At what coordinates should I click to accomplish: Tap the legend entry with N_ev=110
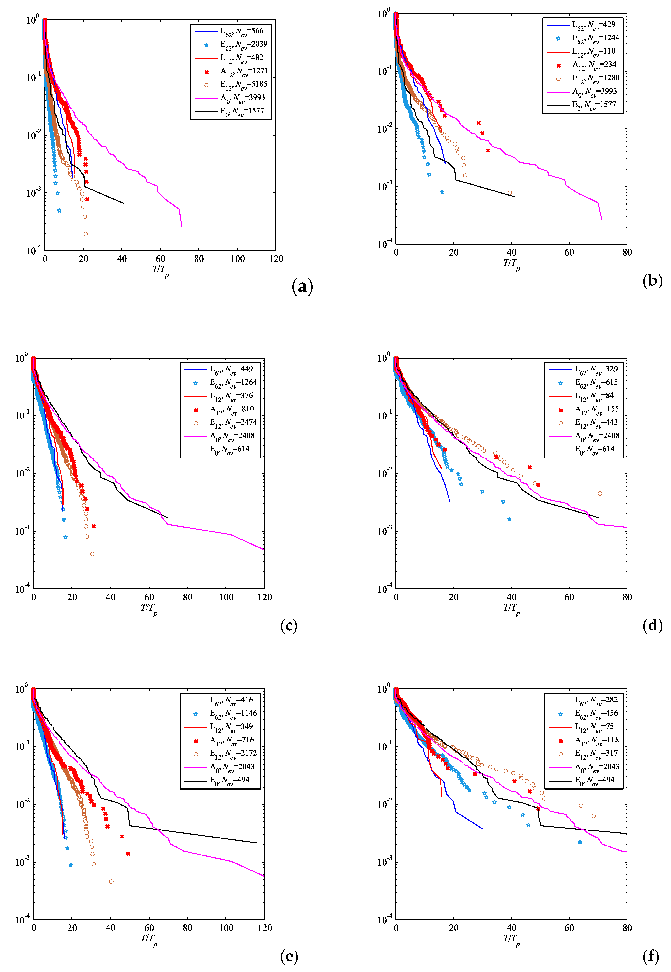(594, 51)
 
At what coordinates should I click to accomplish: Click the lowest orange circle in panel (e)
(111, 882)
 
